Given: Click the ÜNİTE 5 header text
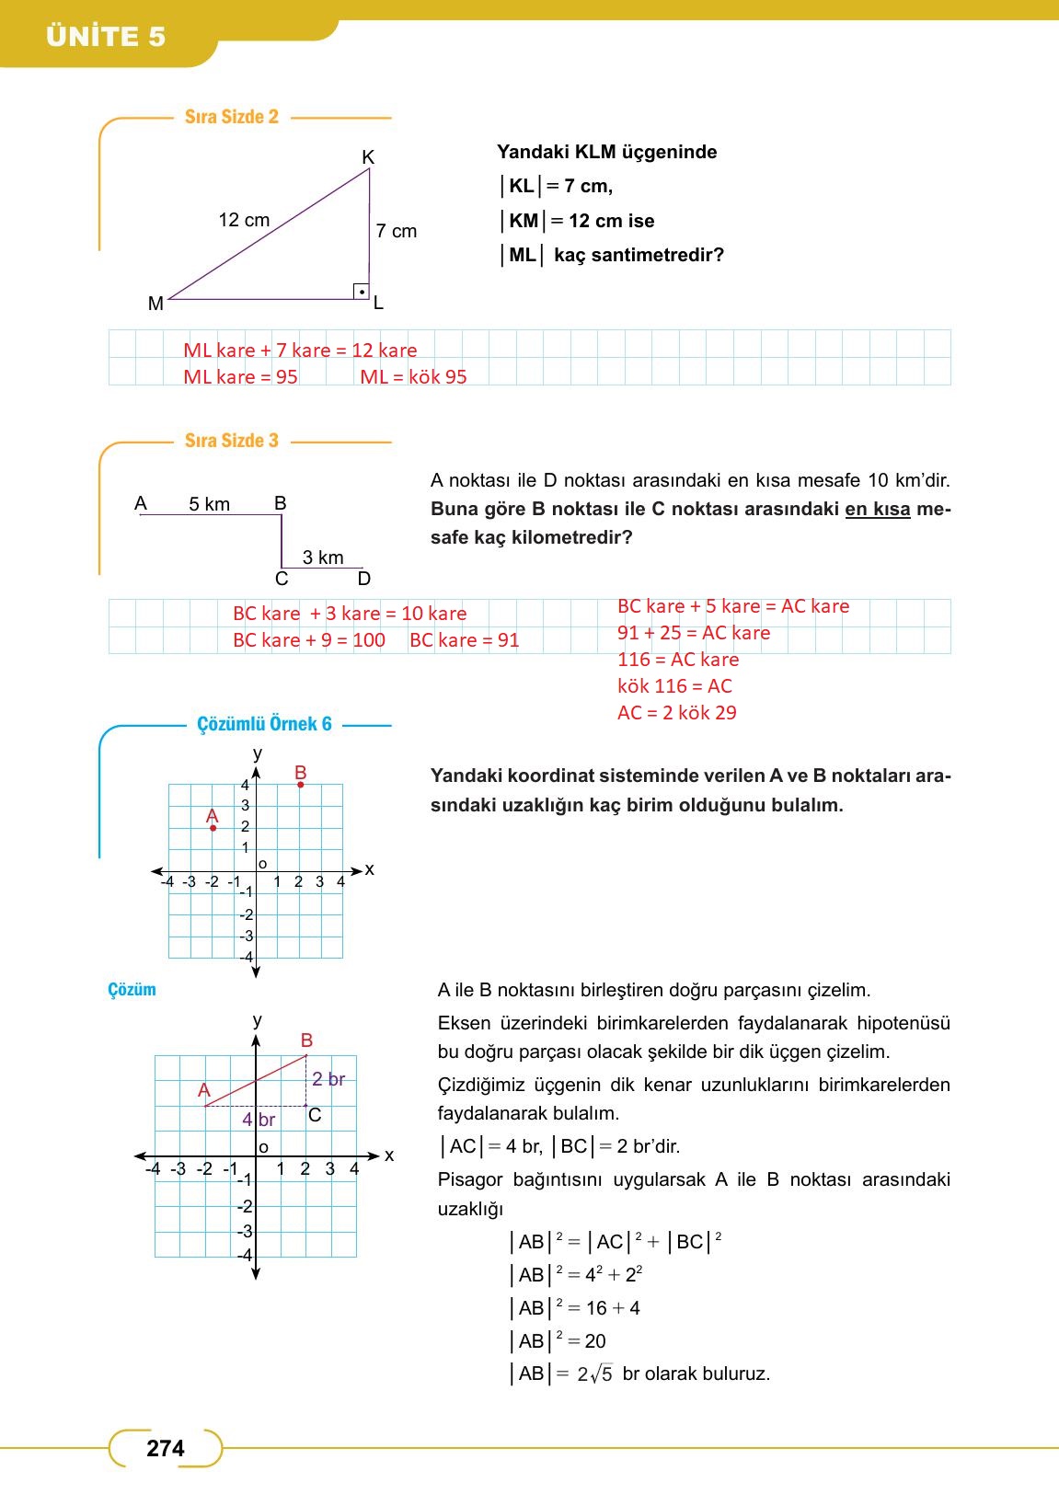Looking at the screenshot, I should pos(106,37).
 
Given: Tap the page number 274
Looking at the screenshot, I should pos(166,1448).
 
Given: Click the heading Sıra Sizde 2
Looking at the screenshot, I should pos(231,117).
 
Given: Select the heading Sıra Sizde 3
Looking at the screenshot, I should pos(231,441).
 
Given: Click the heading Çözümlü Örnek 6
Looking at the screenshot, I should pos(264,724).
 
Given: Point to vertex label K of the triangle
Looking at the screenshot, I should pos(368,157).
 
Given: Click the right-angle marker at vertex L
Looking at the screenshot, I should pos(362,292).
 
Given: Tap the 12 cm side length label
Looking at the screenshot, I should pos(244,220).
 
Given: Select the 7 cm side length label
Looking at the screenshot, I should pos(396,231).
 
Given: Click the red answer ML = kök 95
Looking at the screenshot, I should pos(413,377).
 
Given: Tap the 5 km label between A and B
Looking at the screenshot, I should pos(209,504).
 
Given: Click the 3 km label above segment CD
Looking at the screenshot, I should pos(323,557).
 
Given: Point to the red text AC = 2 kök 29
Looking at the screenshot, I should pos(676,713).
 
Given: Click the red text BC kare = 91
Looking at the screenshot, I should pos(464,640).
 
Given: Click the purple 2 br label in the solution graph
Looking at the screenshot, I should pos(328,1079).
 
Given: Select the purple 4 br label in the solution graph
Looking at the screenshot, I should pos(259,1120).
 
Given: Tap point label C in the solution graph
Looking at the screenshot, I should pos(315,1115).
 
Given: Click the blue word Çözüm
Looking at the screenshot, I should pos(132,990).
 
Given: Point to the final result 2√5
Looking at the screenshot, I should pos(594,1374).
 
